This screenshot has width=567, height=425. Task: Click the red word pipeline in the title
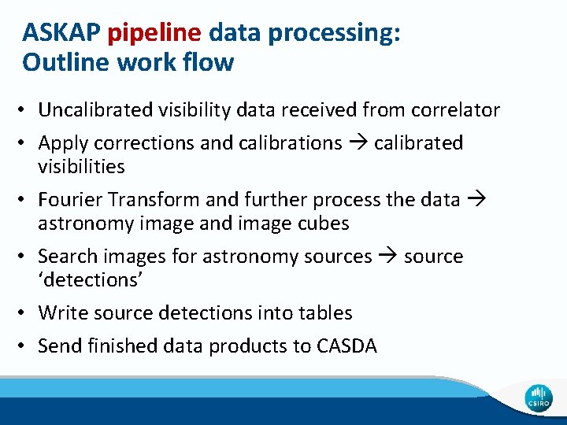(154, 33)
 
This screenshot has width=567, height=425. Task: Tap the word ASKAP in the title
(63, 33)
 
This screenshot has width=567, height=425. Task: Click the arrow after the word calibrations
(358, 143)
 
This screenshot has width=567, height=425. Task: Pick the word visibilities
(81, 166)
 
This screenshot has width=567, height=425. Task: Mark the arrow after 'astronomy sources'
(388, 257)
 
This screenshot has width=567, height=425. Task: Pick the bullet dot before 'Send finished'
(26, 346)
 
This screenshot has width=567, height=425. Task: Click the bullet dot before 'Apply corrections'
(26, 143)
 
